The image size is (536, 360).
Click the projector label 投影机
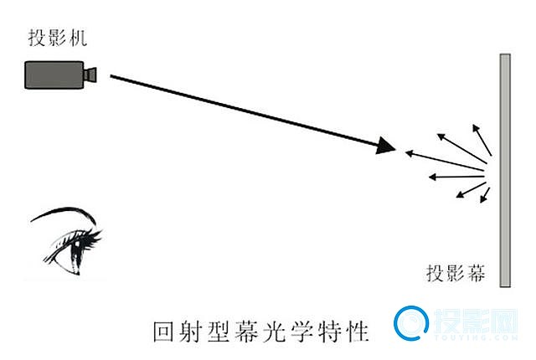(x=58, y=37)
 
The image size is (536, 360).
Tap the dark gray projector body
(x=54, y=75)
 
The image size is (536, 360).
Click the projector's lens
(x=90, y=75)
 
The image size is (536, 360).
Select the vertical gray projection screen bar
(x=505, y=170)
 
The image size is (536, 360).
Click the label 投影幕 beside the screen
(x=456, y=273)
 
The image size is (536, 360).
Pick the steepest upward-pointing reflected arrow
(x=482, y=140)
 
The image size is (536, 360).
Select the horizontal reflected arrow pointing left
(x=456, y=177)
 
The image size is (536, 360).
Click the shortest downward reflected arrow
(x=485, y=195)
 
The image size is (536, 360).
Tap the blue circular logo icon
(x=411, y=323)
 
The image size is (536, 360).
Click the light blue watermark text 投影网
(x=476, y=321)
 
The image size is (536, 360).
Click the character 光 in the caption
(x=275, y=332)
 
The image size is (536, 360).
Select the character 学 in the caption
(x=301, y=332)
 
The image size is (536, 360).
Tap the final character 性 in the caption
(x=357, y=332)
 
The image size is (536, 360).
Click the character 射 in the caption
(x=192, y=332)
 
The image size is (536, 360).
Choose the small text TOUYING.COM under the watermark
(x=477, y=337)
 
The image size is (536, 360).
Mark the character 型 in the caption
(x=219, y=332)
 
